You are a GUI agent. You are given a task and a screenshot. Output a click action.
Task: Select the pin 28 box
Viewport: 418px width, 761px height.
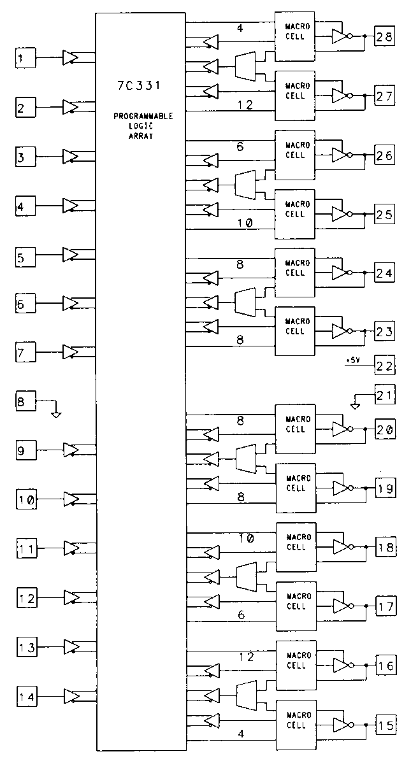point(385,37)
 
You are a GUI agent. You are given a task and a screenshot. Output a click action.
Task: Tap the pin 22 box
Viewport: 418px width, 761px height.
point(385,366)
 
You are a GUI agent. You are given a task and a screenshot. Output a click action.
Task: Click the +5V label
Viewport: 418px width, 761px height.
point(352,360)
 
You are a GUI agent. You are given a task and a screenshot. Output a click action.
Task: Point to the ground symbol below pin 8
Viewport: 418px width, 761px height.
point(56,413)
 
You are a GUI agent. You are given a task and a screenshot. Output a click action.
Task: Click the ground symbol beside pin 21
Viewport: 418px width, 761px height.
point(356,404)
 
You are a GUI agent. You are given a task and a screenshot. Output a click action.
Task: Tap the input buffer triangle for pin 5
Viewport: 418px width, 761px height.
point(71,255)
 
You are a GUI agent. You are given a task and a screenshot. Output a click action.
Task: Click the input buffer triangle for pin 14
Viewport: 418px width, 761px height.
point(71,696)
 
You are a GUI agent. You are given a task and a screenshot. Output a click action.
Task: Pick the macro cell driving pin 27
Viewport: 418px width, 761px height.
point(294,96)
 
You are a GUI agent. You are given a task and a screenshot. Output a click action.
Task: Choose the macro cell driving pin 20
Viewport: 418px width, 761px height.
point(294,423)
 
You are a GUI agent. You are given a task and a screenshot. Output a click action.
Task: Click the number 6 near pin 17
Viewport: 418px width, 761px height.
point(241,615)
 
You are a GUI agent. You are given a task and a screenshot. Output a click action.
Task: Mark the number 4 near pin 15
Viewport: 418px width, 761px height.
point(241,734)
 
